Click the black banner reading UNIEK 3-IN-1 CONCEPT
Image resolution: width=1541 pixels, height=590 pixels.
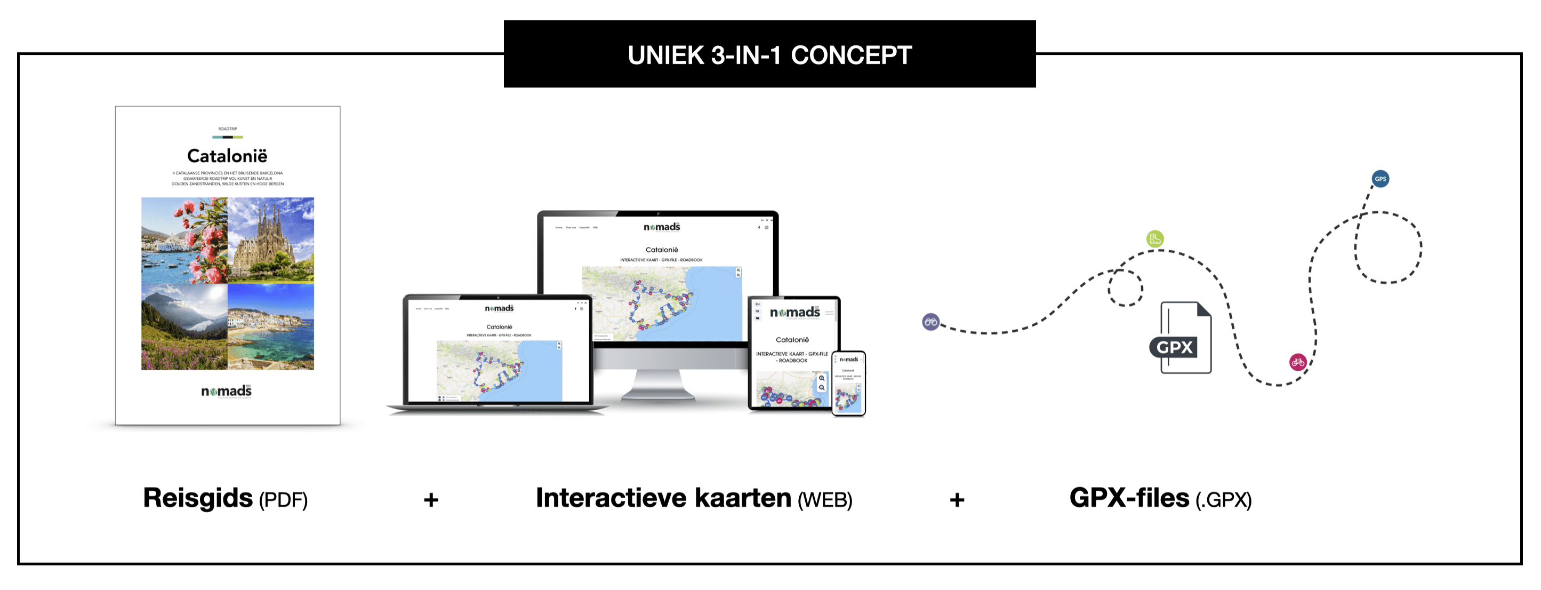click(x=769, y=54)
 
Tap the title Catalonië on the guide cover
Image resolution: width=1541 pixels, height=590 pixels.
click(x=227, y=156)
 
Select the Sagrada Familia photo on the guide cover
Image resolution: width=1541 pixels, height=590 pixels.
click(x=271, y=240)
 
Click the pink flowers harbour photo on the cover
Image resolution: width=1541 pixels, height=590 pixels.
click(x=184, y=240)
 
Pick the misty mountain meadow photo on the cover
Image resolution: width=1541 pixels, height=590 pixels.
click(x=184, y=326)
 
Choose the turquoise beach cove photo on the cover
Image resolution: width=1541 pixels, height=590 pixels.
click(x=271, y=326)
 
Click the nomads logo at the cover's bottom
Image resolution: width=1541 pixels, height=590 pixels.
click(x=226, y=392)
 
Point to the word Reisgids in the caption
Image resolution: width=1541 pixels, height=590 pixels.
click(x=198, y=498)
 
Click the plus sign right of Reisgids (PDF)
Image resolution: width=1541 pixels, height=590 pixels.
click(x=431, y=500)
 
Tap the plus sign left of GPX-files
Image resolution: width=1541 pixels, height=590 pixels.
click(x=957, y=500)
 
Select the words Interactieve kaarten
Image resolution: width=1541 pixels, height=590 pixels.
click(x=663, y=498)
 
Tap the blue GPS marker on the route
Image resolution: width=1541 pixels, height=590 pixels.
click(x=1380, y=179)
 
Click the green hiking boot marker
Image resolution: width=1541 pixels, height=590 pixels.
click(x=1155, y=239)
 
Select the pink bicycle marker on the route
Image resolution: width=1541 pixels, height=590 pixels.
click(x=1297, y=362)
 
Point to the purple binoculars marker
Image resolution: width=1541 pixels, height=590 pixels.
click(x=931, y=322)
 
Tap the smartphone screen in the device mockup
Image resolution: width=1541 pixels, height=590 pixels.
click(x=848, y=383)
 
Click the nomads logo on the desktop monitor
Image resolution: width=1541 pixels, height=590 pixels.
click(x=662, y=227)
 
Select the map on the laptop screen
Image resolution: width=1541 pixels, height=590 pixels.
click(x=499, y=370)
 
